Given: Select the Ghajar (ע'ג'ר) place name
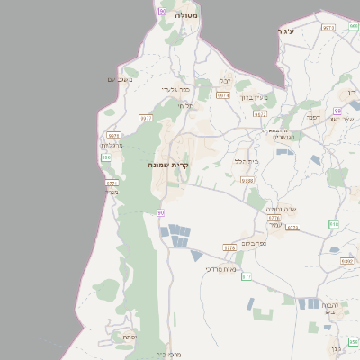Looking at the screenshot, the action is pyautogui.click(x=287, y=32).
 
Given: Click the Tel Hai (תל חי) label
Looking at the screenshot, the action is pyautogui.click(x=185, y=105).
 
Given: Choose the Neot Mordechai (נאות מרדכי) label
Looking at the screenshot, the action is pyautogui.click(x=220, y=268).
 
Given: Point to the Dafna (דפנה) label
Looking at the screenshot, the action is pyautogui.click(x=313, y=116).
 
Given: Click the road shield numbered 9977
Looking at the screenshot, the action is pyautogui.click(x=146, y=117).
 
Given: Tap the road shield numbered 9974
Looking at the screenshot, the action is pyautogui.click(x=223, y=95).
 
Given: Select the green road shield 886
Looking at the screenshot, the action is pyautogui.click(x=106, y=157).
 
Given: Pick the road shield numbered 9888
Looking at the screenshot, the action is pyautogui.click(x=247, y=181).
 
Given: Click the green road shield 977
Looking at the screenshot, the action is pyautogui.click(x=246, y=276).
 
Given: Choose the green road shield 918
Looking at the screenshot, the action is pyautogui.click(x=333, y=224).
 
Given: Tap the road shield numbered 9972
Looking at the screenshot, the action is pyautogui.click(x=260, y=114).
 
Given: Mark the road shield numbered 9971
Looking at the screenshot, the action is pyautogui.click(x=112, y=183).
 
